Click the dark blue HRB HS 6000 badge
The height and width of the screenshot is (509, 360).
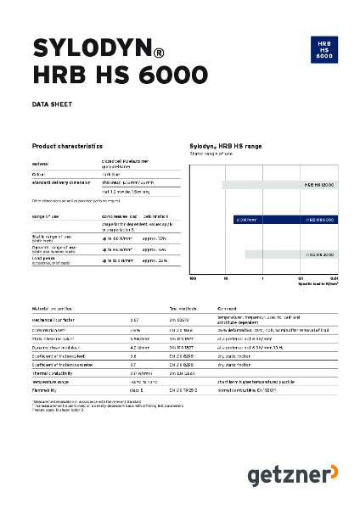tap(323, 48)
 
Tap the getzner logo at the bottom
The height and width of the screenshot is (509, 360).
tap(291, 476)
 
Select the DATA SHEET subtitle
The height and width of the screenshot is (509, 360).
tap(52, 104)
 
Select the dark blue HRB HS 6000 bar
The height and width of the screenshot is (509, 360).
tap(284, 219)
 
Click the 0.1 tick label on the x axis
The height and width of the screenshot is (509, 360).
tap(301, 278)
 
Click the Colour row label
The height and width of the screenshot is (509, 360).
tap(40, 173)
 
